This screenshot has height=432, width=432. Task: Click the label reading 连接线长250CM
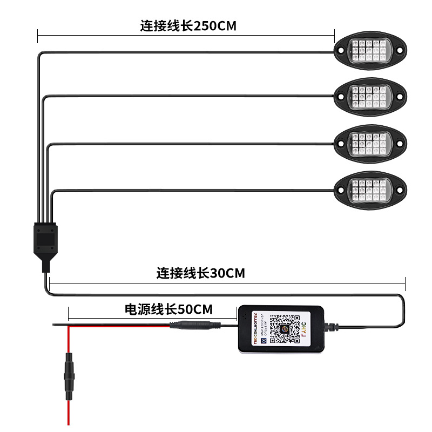coord(188,25)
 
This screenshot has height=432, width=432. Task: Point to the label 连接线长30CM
coord(201,273)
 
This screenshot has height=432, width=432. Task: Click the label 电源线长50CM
coord(168,309)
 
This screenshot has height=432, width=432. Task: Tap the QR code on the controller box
coord(285,329)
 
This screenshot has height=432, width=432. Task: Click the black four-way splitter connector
coord(45,238)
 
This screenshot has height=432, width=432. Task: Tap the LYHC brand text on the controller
coord(311,329)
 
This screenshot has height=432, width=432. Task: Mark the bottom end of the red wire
coord(68,423)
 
